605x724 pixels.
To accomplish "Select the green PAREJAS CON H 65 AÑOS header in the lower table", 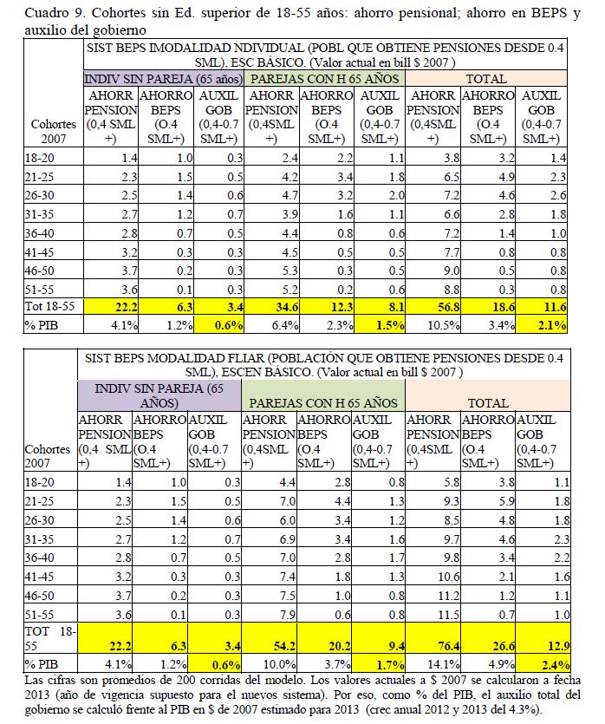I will click(x=324, y=403).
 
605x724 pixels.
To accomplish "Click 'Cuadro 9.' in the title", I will click(x=52, y=13).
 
